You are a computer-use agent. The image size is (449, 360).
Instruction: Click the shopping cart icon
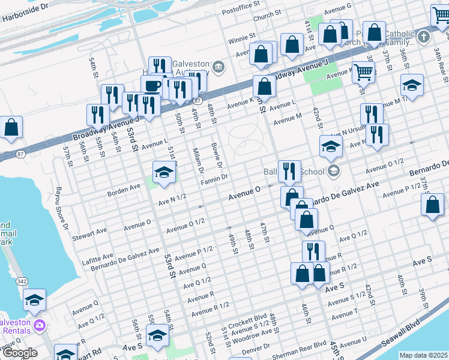coord(363,73)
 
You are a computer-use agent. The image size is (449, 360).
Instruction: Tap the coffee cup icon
coord(152,86)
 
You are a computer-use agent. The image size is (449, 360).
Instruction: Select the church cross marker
coord(424,37)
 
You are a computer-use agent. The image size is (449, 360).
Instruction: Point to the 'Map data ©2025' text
coord(424,355)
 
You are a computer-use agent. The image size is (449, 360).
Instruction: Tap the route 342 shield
coord(22,281)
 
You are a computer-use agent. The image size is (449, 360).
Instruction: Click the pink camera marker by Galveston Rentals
coord(40,326)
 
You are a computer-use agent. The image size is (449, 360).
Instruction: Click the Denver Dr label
coord(256,348)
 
